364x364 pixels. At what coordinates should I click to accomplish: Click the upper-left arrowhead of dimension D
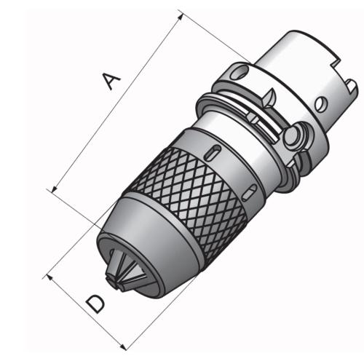pos(50,277)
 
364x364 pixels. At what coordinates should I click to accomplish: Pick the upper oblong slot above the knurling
pos(213,151)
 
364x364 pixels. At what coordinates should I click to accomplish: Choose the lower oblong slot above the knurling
pos(250,191)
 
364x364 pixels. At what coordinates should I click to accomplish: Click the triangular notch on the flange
pos(269,94)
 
